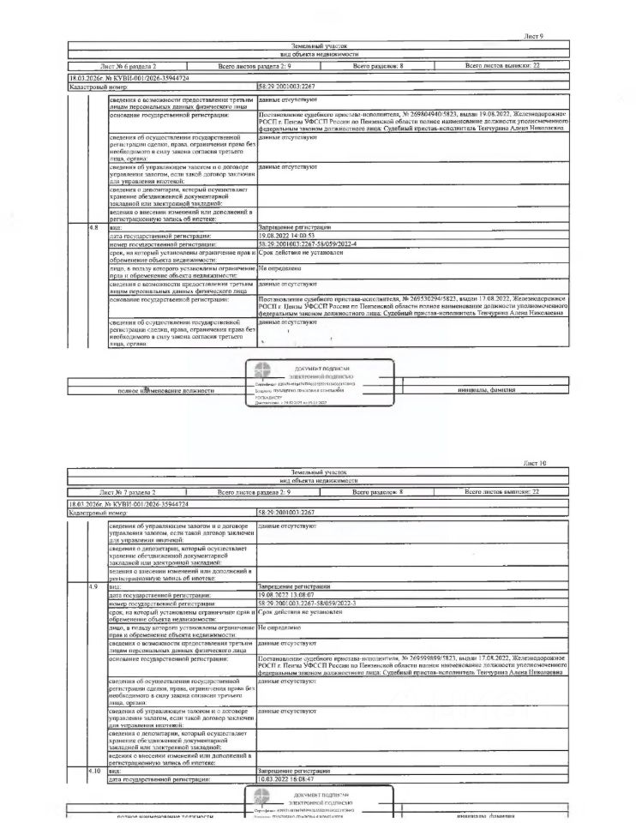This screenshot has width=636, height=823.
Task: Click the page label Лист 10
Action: (x=532, y=464)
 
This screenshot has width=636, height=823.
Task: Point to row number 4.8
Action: (x=94, y=226)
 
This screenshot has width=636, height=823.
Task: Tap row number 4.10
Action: (x=95, y=772)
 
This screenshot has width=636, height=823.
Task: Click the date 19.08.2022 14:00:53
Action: (x=287, y=234)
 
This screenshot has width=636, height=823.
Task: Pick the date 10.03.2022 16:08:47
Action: (x=287, y=779)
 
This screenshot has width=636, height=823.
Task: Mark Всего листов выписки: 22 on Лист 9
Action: (x=502, y=66)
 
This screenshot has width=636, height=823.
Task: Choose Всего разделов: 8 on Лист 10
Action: (x=378, y=493)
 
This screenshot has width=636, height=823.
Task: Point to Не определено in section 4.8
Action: (x=277, y=268)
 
